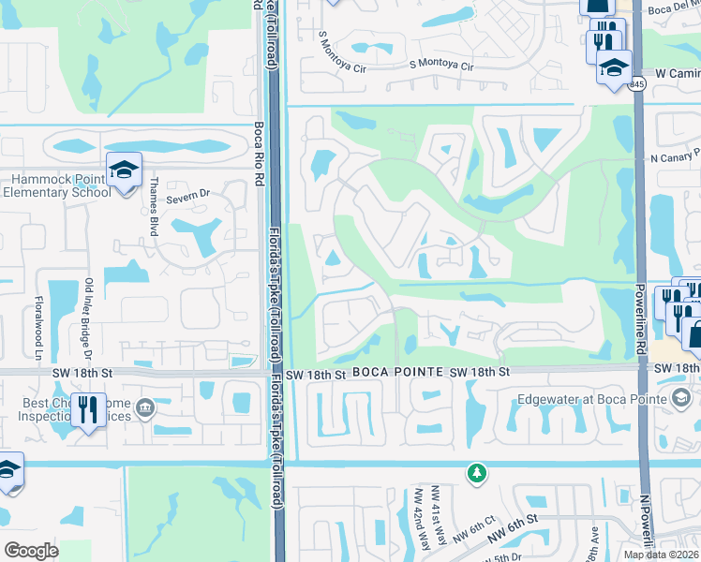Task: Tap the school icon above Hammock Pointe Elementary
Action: [x=123, y=170]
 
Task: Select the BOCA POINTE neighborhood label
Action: [x=397, y=373]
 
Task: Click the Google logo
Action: [x=31, y=551]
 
